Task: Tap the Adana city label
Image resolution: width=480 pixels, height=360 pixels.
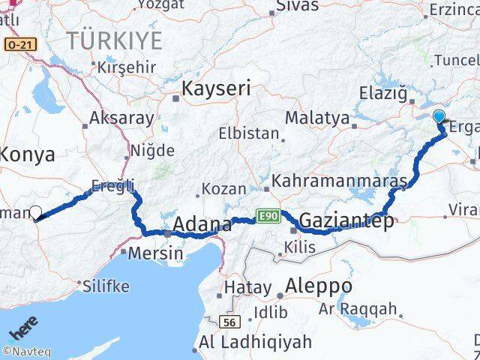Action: coord(202,223)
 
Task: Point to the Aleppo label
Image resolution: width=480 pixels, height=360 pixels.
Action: coord(319,286)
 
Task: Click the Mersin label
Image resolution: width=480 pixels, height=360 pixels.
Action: coord(155,253)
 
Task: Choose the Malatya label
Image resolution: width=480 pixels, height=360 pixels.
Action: coord(317,118)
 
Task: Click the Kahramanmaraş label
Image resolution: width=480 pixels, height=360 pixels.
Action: coord(339,181)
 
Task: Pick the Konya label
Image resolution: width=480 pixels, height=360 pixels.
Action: coord(28,155)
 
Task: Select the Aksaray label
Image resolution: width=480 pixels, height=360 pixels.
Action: coord(121,118)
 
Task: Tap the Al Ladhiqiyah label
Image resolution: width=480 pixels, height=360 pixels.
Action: coord(256,342)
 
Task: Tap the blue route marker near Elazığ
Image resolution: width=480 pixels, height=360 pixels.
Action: coord(439,116)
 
